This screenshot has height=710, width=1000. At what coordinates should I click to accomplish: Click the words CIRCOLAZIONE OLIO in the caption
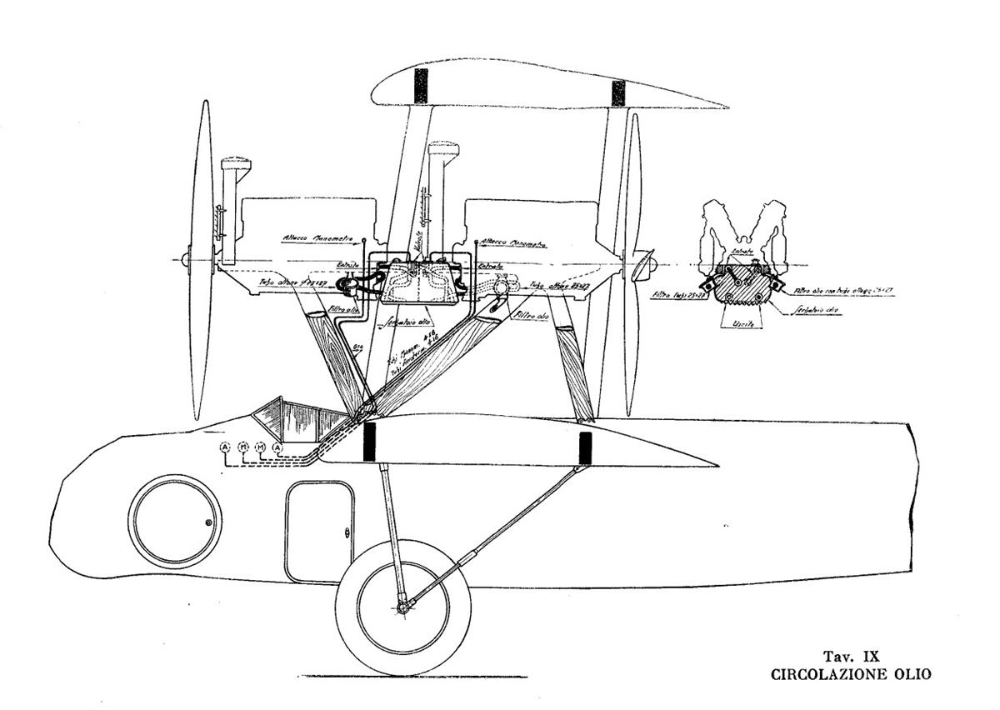click(851, 674)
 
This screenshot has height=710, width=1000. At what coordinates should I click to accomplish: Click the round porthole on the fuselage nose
click(175, 521)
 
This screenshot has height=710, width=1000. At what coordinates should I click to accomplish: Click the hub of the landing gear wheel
click(403, 607)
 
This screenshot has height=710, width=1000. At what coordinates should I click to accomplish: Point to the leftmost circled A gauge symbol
click(224, 448)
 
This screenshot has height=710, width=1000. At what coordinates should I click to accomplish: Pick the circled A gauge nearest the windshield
click(278, 448)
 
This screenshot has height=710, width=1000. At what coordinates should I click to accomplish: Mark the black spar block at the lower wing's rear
click(585, 447)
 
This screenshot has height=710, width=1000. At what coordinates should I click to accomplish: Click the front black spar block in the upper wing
click(421, 85)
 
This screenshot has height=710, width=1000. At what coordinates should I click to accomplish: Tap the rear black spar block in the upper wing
click(617, 92)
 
